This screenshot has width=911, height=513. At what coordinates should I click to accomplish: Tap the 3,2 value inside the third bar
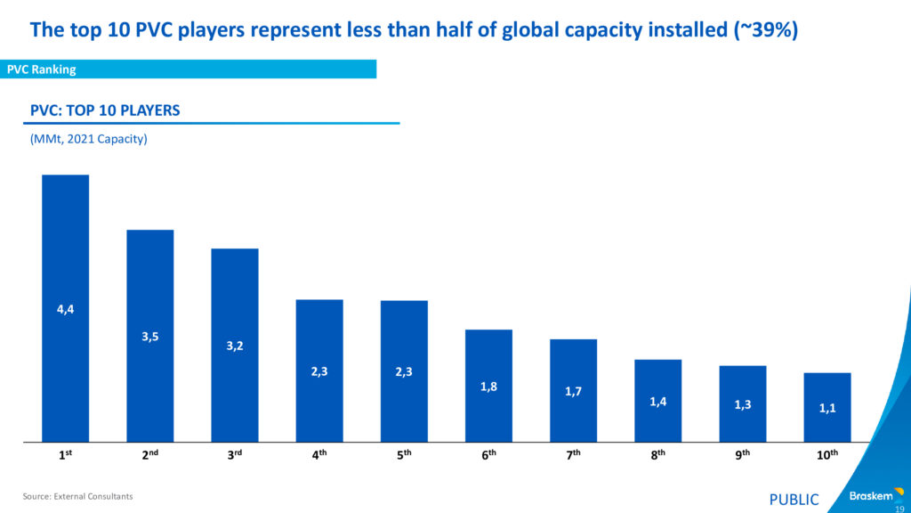[x=234, y=346]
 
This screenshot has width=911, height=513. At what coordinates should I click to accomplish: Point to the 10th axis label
[x=827, y=455]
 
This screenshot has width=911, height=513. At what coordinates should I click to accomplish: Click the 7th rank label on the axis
[x=573, y=455]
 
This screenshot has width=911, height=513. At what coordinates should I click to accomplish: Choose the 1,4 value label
[x=657, y=402]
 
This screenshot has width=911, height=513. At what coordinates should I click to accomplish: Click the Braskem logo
[x=875, y=496]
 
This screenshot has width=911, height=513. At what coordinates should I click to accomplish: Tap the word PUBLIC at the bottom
[x=794, y=500]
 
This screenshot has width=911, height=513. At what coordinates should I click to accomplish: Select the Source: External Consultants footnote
[x=77, y=496]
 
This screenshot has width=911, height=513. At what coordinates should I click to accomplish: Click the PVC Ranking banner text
[x=42, y=69]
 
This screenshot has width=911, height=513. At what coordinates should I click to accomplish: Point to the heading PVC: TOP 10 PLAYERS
[x=105, y=110]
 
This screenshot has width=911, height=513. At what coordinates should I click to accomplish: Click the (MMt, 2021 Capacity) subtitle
[x=88, y=140]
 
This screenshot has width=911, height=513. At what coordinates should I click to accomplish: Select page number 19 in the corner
[x=899, y=508]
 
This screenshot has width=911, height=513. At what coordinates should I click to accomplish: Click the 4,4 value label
[x=65, y=310]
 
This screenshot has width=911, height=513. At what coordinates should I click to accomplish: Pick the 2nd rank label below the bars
[x=149, y=455]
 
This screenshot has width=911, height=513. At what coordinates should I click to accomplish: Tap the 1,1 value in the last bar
[x=827, y=409]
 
